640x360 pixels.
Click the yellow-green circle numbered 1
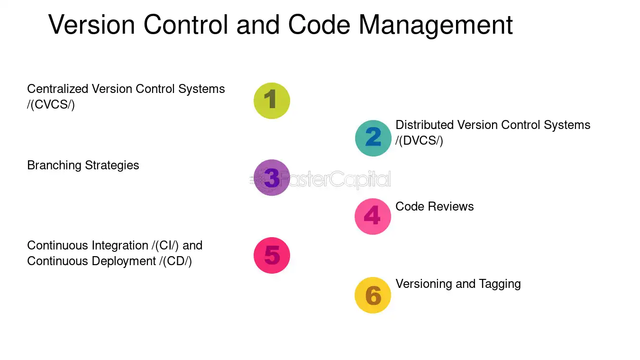[272, 101]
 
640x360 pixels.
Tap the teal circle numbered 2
[373, 138]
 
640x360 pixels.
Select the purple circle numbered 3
[272, 177]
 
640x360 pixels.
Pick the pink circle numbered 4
[373, 216]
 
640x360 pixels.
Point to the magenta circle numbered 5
[272, 255]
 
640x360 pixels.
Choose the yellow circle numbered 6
[373, 295]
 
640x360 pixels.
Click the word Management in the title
[436, 26]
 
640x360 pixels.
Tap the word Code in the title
[319, 25]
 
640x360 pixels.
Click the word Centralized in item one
[58, 89]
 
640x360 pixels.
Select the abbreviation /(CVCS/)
[51, 104]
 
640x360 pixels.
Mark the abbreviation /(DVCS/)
[419, 140]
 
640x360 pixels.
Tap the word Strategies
[112, 166]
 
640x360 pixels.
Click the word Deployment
[124, 261]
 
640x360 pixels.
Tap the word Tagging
[500, 284]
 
